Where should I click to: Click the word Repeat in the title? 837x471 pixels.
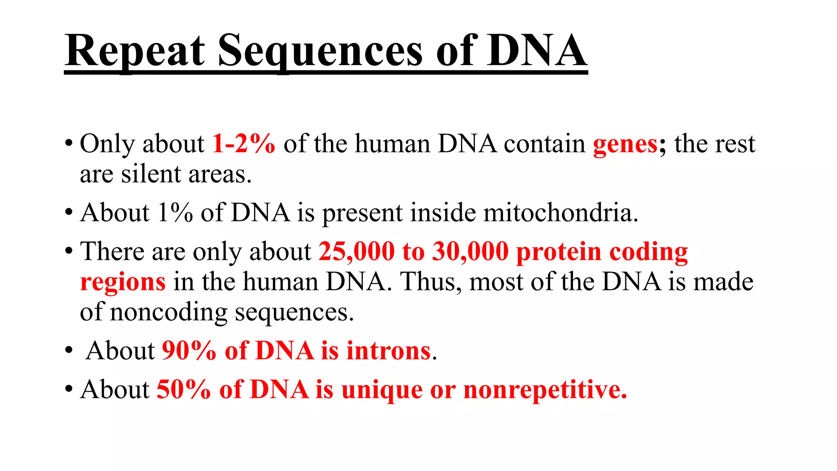135,51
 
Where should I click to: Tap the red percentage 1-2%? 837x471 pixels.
244,144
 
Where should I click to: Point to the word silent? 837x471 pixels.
151,174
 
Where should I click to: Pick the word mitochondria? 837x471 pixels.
560,213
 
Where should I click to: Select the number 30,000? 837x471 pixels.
470,251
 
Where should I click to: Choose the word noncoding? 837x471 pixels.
168,313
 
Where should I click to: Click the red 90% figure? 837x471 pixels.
189,351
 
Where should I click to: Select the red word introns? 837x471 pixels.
388,351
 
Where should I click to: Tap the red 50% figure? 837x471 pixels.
184,389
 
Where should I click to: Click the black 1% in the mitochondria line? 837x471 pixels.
175,213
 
